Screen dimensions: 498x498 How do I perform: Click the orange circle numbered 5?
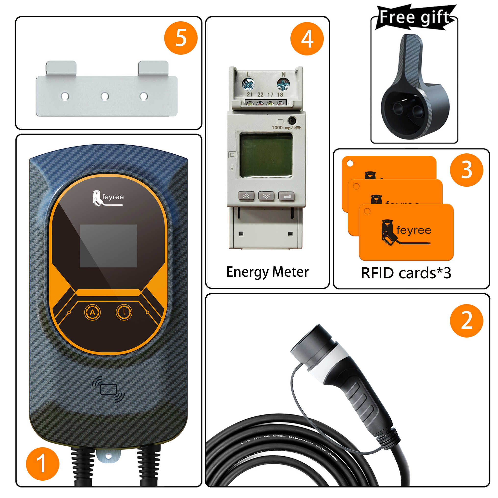pyautogui.click(x=181, y=38)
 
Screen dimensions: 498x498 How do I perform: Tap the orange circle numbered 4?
pyautogui.click(x=307, y=39)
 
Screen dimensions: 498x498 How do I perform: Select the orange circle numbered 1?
pyautogui.click(x=43, y=464)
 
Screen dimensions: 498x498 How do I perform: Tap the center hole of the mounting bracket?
pyautogui.click(x=105, y=96)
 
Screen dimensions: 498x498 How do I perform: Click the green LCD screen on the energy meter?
pyautogui.click(x=266, y=155)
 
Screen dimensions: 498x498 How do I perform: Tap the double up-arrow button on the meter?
pyautogui.click(x=246, y=196)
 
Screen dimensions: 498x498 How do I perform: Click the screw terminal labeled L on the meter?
pyautogui.click(x=248, y=84)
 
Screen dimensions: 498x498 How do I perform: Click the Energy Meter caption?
pyautogui.click(x=267, y=272)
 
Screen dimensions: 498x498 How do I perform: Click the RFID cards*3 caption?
pyautogui.click(x=406, y=273)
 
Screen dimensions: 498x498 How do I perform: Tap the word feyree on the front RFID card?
pyautogui.click(x=414, y=230)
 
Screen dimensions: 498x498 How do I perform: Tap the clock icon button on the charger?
pyautogui.click(x=124, y=312)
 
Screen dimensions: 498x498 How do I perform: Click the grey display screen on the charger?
pyautogui.click(x=108, y=246)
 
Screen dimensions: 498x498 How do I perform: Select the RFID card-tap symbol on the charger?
pyautogui.click(x=109, y=389)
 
